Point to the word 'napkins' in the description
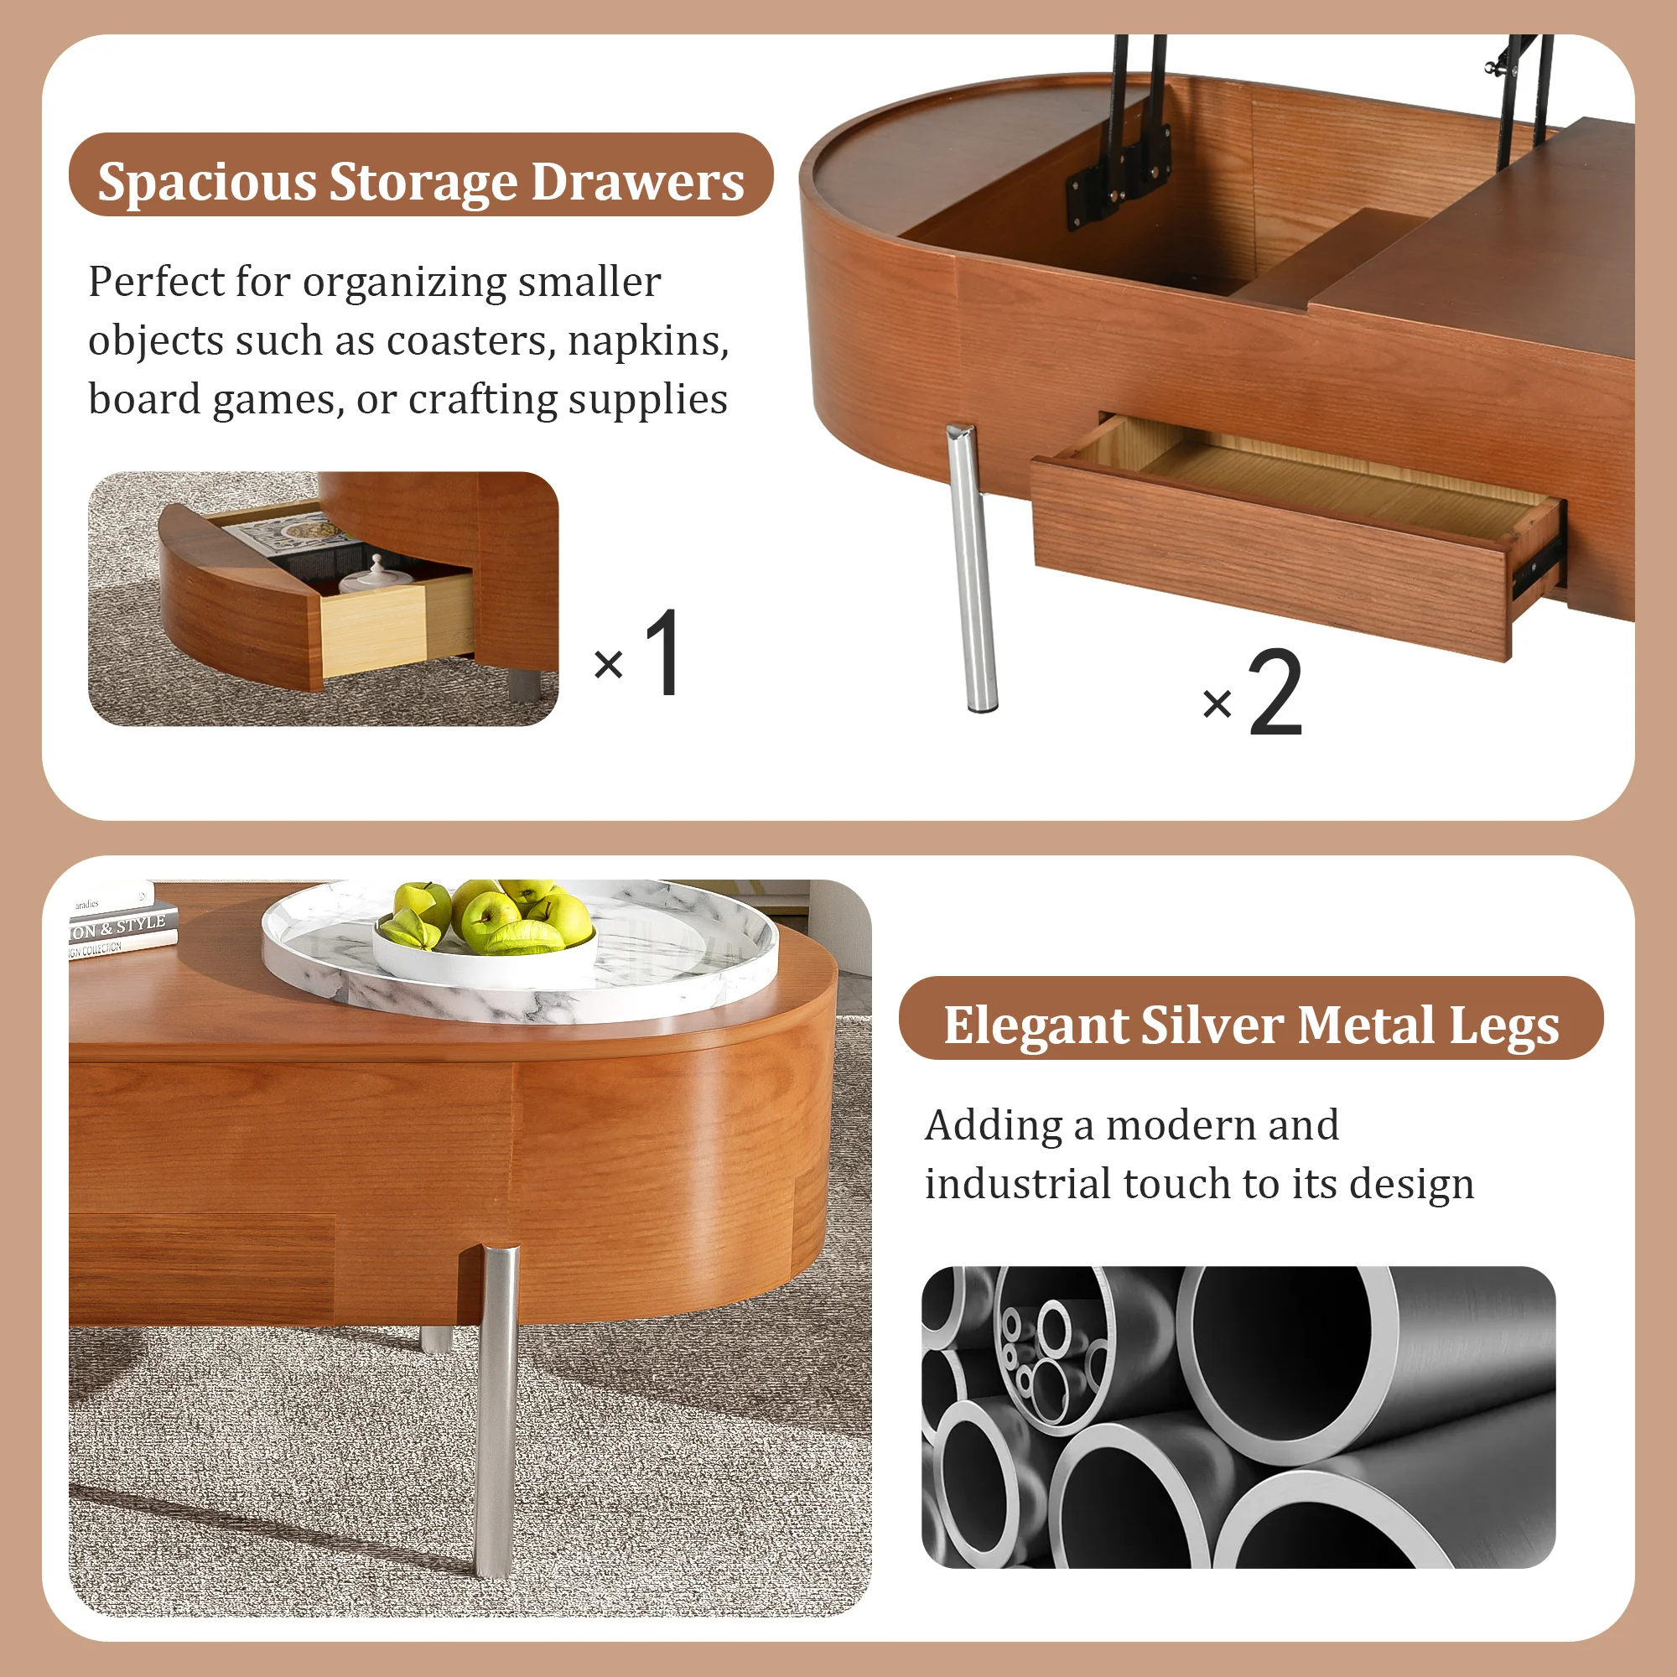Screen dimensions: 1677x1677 click(647, 340)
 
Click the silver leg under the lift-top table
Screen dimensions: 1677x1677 click(973, 569)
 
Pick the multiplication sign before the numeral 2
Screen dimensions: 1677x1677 click(1217, 704)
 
